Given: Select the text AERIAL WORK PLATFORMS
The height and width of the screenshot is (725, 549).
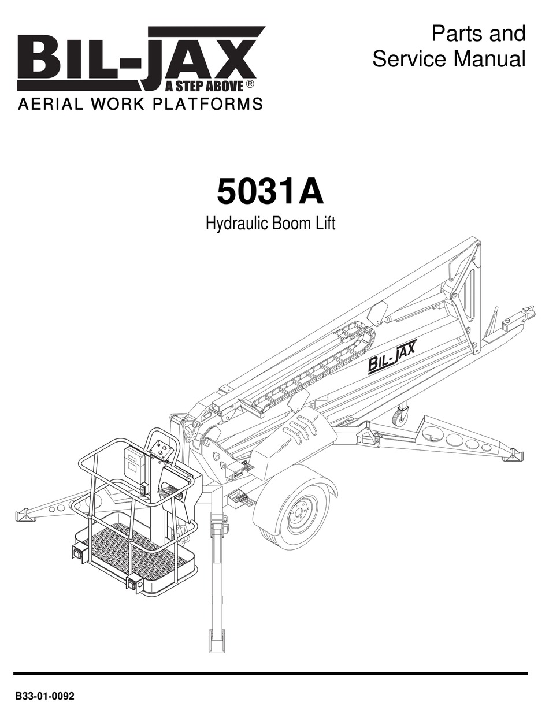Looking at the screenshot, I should tap(140, 105).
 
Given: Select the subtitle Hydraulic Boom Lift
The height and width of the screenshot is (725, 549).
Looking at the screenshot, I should tap(270, 224).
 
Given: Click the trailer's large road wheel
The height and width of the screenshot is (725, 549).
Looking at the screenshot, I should tap(295, 514).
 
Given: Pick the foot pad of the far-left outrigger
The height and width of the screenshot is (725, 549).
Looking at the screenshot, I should tap(25, 515).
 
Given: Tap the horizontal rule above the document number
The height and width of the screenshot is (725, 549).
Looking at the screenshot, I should tap(270, 674).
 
